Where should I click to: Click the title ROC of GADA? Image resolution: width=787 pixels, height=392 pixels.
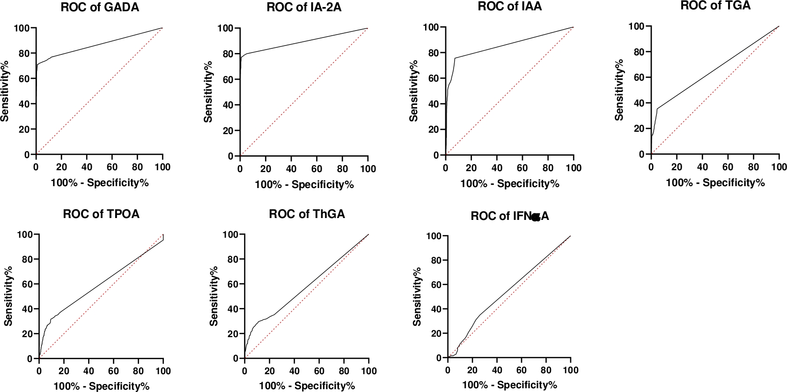pyautogui.click(x=100, y=8)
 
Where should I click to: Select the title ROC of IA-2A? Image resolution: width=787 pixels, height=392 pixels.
pyautogui.click(x=304, y=8)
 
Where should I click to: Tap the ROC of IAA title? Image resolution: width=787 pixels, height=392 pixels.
pyautogui.click(x=510, y=7)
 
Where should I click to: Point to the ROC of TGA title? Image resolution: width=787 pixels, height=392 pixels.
pyautogui.click(x=715, y=6)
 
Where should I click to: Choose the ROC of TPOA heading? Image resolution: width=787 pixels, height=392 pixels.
pyautogui.click(x=101, y=214)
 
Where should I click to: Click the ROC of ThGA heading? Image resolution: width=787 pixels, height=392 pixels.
pyautogui.click(x=307, y=214)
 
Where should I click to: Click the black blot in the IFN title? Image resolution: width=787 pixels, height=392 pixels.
pyautogui.click(x=536, y=217)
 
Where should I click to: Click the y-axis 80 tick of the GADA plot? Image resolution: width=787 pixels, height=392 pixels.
pyautogui.click(x=24, y=53)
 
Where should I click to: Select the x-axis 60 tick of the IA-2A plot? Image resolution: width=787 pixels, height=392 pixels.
pyautogui.click(x=316, y=169)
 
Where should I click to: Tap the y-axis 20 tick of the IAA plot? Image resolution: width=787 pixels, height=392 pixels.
pyautogui.click(x=434, y=129)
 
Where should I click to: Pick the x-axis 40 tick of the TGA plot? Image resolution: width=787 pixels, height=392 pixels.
pyautogui.click(x=702, y=166)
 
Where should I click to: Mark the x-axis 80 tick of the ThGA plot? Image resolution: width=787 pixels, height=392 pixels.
pyautogui.click(x=344, y=371)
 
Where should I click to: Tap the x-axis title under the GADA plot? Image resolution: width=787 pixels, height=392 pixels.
pyautogui.click(x=99, y=182)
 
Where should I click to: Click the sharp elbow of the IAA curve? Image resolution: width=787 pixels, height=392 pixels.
pyautogui.click(x=455, y=58)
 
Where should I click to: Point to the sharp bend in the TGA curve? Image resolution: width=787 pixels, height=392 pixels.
pyautogui.click(x=657, y=109)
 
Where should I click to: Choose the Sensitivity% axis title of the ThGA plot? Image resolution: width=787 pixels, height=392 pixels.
pyautogui.click(x=214, y=296)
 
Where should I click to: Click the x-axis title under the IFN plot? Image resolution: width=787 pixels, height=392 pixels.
pyautogui.click(x=509, y=385)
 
